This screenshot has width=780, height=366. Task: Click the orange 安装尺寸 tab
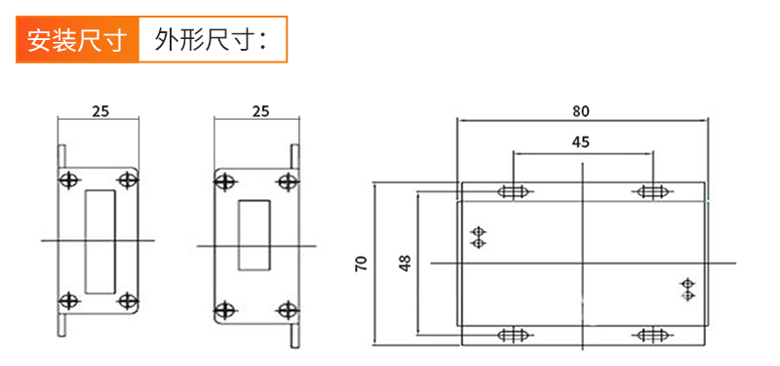[x=77, y=41]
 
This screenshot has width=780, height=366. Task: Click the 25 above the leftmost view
[x=99, y=110]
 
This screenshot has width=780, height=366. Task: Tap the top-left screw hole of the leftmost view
[x=69, y=180]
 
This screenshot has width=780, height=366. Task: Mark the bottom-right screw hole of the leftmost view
[x=127, y=301]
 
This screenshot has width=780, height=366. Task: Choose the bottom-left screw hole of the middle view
[x=225, y=310]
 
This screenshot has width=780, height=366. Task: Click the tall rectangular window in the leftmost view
[x=98, y=240]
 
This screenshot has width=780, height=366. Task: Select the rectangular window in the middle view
[x=255, y=234]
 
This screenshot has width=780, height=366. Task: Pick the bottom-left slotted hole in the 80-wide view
[x=514, y=336]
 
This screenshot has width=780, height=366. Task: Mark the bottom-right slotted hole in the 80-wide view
[x=650, y=336]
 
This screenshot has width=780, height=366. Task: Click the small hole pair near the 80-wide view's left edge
[x=478, y=237]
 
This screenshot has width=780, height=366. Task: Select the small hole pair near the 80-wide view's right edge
[x=687, y=290]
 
